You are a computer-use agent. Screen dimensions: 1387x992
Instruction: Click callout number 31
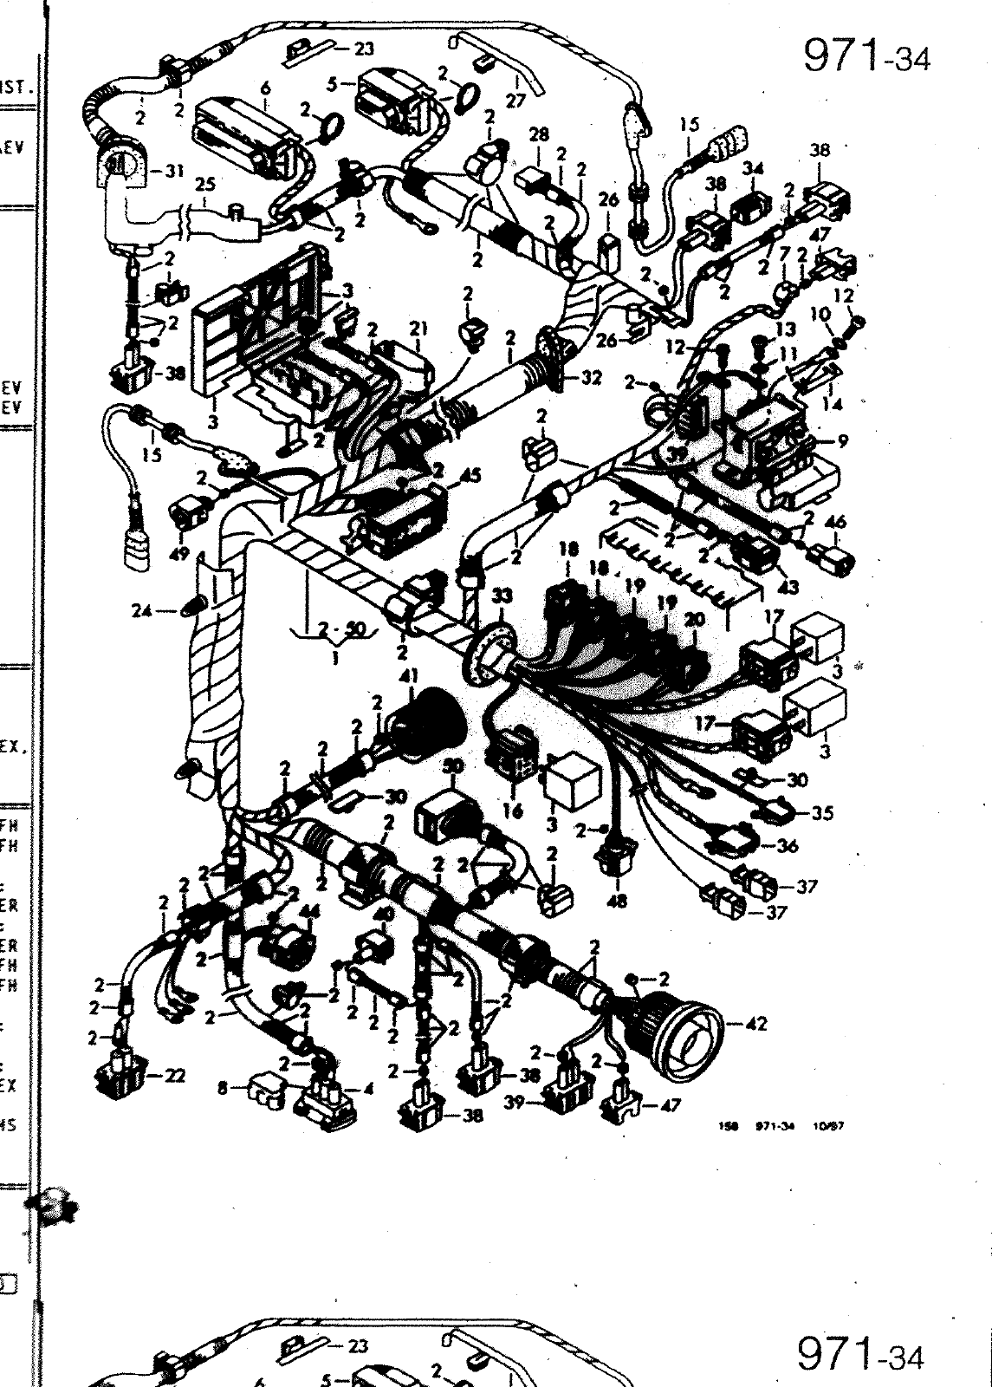point(174,170)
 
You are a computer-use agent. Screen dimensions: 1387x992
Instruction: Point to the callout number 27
point(515,101)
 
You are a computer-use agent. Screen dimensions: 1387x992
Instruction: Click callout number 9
point(842,440)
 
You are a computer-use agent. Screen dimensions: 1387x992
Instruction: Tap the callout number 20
point(693,620)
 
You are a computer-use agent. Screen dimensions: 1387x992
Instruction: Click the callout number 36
point(787,845)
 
